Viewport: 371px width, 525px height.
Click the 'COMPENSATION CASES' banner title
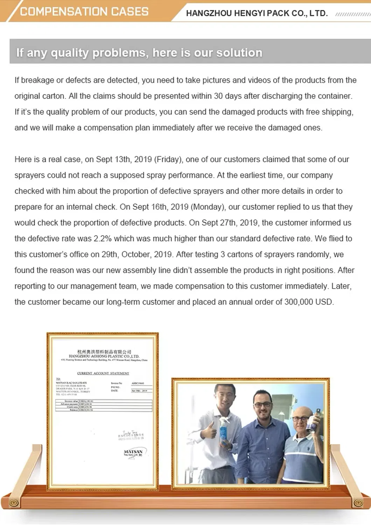[84, 12]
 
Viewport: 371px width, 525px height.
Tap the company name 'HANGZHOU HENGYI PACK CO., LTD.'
[257, 13]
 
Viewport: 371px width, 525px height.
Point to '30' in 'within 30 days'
[218, 96]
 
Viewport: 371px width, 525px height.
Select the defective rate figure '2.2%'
[103, 238]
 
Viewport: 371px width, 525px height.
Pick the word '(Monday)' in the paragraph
[208, 207]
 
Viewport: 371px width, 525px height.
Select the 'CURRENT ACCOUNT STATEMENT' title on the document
[103, 373]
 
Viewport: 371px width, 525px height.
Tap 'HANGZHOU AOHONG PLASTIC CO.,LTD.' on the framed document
[104, 356]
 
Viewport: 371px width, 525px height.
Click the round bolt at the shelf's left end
[14, 503]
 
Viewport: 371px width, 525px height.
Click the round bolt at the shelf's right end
[358, 503]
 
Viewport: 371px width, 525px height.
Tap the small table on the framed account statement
[104, 405]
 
